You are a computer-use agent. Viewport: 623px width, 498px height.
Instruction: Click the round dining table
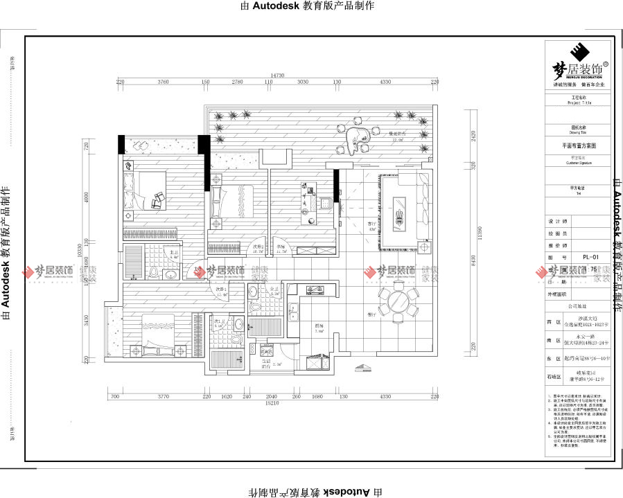click(396, 303)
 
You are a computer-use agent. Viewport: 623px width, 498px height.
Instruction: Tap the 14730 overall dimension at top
click(278, 75)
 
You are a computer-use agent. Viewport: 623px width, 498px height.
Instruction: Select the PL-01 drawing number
click(590, 256)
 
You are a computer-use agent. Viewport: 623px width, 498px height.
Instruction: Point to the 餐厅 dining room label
click(372, 315)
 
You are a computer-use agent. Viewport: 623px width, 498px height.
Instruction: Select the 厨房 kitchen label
click(319, 325)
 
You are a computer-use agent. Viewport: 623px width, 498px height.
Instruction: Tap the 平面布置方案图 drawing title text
click(578, 147)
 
